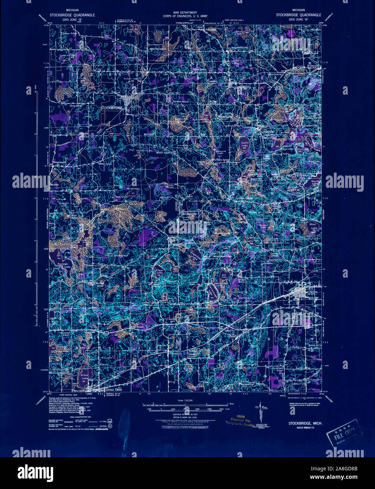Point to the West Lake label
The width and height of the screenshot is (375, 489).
[x=313, y=226]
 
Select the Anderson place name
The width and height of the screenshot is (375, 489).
[x=312, y=65]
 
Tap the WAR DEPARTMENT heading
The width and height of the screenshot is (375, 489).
[x=187, y=12]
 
